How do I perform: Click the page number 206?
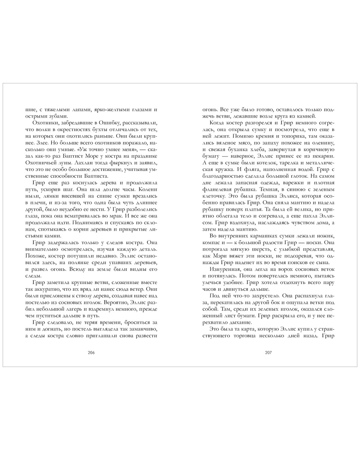(91, 352)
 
